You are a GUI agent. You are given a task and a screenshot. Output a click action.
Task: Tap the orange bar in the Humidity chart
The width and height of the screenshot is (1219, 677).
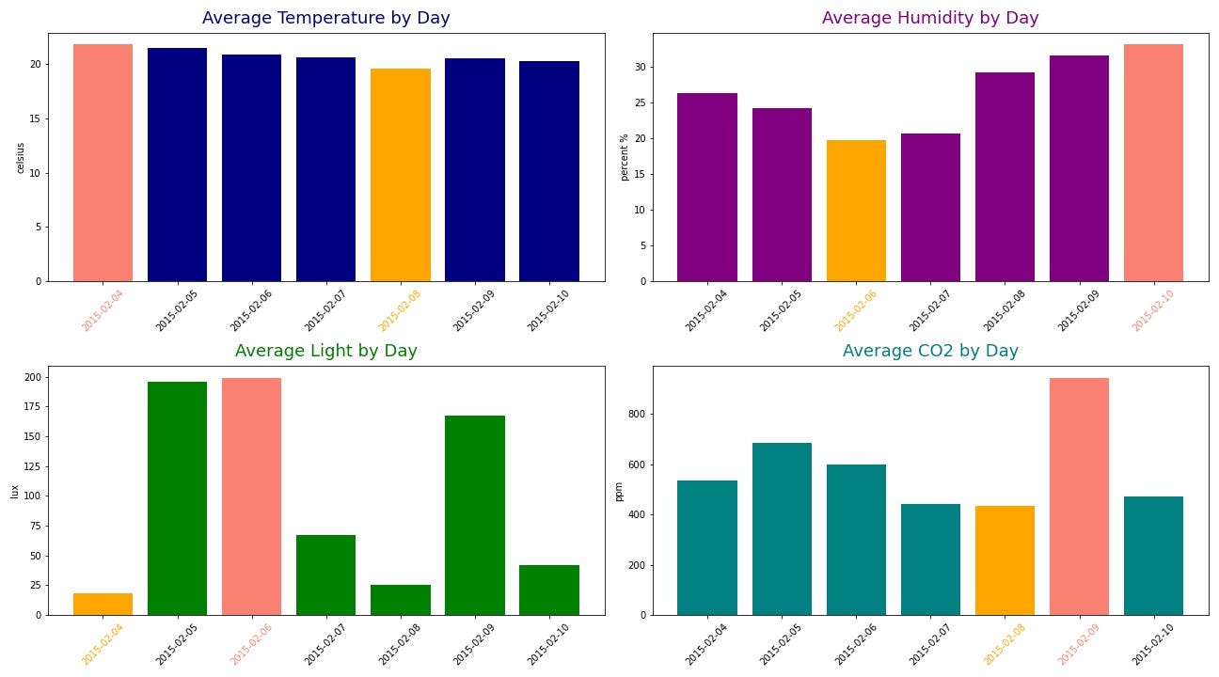coord(856,211)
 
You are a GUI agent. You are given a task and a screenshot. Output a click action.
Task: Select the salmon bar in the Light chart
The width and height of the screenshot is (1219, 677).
coord(251,496)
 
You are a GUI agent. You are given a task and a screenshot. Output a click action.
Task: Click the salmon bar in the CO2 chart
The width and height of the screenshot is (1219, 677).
coord(1079,496)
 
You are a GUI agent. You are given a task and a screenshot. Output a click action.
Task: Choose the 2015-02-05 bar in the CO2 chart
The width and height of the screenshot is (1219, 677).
coord(782,528)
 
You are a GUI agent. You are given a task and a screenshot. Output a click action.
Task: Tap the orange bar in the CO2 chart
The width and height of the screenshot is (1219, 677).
coord(1005,560)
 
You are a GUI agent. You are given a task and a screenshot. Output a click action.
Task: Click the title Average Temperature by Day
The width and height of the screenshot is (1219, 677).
coord(325,18)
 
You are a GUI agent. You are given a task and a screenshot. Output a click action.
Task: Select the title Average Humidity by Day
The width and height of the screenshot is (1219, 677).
coord(930,18)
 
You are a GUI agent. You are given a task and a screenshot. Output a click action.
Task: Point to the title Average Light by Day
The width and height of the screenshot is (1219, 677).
coord(325,351)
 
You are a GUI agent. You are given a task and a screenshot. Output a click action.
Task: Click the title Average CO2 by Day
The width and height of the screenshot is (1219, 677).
coord(930,351)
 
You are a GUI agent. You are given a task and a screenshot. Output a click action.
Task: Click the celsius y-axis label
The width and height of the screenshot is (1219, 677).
coord(21,158)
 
